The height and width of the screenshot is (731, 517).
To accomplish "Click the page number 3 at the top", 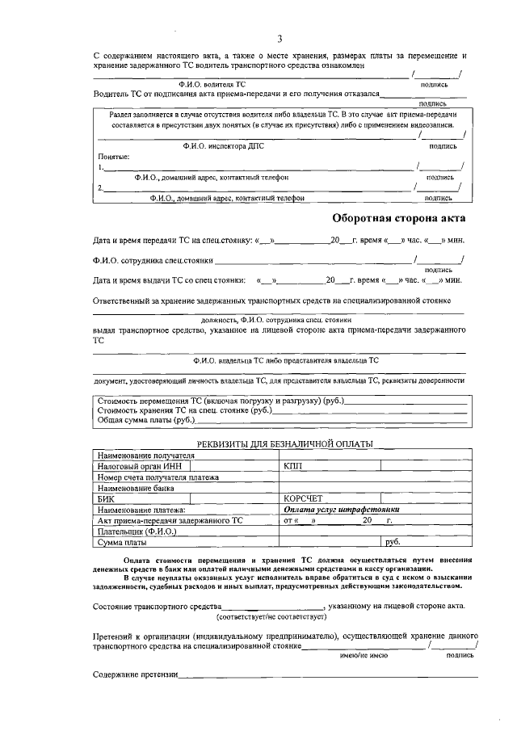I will [x=279, y=38].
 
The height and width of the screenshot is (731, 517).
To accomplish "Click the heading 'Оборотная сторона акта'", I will [x=399, y=218].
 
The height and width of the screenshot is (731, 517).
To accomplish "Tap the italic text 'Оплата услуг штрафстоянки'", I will [x=342, y=510].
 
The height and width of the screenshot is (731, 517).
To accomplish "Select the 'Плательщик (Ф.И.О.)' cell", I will [x=132, y=531].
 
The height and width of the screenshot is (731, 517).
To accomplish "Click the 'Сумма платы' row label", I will [x=122, y=543].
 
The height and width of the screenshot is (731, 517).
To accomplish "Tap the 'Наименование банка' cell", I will [x=134, y=488].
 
